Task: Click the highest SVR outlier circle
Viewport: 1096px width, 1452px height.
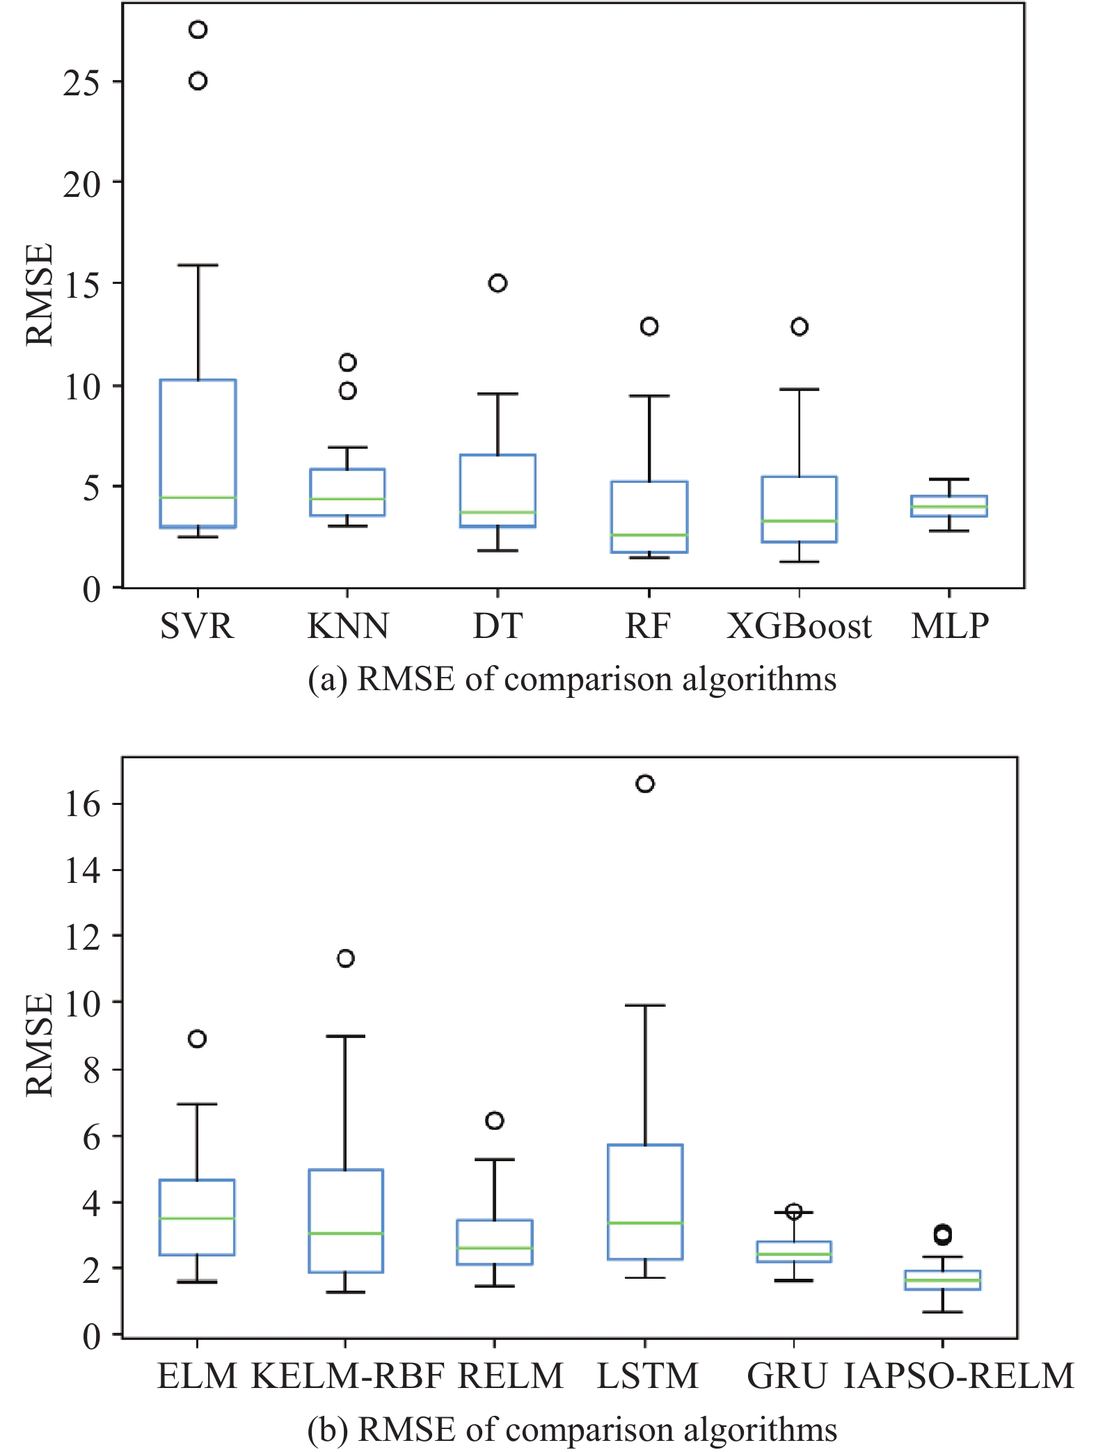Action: click(x=198, y=30)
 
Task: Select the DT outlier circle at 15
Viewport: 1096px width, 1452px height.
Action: click(x=498, y=283)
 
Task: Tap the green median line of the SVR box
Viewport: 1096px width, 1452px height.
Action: click(x=198, y=497)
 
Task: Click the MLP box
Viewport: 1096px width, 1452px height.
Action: click(x=949, y=506)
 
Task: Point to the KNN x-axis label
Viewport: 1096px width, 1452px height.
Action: click(x=348, y=626)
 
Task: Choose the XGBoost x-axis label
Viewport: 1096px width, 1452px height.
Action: click(x=799, y=626)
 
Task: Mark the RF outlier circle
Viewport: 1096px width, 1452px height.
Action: click(x=649, y=326)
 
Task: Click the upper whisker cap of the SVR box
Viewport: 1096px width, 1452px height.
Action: click(x=198, y=265)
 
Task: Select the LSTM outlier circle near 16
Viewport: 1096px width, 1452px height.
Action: click(x=645, y=784)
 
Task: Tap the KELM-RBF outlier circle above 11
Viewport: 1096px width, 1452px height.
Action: click(x=346, y=959)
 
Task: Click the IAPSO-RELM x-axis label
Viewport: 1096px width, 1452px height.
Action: click(x=959, y=1376)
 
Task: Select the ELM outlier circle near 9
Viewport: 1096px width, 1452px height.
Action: click(x=198, y=1039)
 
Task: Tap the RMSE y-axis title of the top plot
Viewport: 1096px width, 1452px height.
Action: click(x=40, y=294)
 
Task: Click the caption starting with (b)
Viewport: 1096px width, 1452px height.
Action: click(x=572, y=1430)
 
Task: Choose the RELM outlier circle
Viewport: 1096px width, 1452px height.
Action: click(x=495, y=1121)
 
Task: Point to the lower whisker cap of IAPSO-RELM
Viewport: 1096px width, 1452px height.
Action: click(x=943, y=1312)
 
